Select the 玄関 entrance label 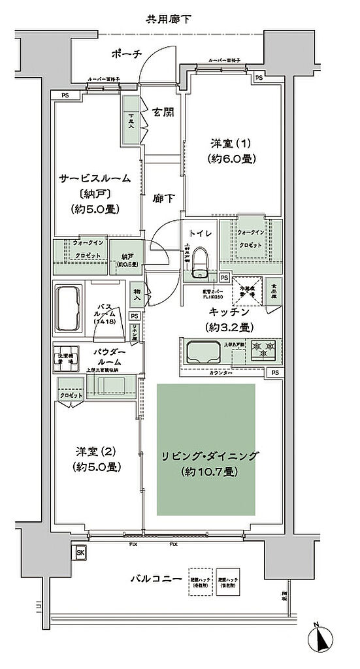(x=163, y=112)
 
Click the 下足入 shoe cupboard (x=129, y=122)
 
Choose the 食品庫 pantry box (x=273, y=291)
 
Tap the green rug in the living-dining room (x=206, y=449)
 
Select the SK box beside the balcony (x=80, y=552)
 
